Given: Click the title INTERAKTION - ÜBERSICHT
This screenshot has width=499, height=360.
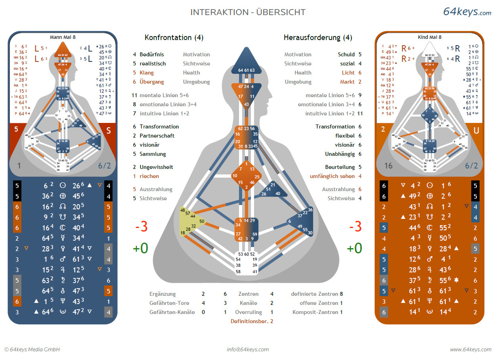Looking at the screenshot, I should (248, 12).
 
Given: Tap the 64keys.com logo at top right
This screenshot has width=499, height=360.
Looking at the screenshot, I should (467, 12).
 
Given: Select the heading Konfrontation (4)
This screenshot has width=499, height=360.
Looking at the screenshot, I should (174, 38).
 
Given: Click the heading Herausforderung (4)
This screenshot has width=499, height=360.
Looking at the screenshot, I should (318, 38).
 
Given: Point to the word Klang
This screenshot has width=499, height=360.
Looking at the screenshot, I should (147, 73).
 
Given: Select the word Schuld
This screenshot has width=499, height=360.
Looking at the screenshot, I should (346, 54).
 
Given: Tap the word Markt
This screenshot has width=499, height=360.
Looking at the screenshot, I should (347, 82).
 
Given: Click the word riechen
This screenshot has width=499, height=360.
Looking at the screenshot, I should (149, 176).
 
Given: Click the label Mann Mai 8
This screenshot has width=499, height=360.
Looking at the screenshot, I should (62, 37).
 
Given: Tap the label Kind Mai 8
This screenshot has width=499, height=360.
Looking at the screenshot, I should (430, 37).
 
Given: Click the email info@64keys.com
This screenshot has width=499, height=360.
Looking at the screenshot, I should (248, 349).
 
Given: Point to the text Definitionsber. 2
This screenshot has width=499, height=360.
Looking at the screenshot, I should (252, 321).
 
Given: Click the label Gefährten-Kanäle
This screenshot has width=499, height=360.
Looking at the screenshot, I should (172, 312).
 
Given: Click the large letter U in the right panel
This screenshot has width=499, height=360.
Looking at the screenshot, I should (476, 130).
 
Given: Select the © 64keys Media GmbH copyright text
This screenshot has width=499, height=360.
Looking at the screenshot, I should (32, 349).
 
